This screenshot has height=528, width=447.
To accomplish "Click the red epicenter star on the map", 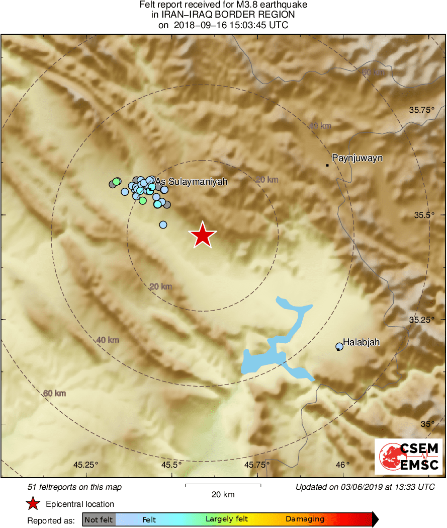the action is click(x=202, y=235).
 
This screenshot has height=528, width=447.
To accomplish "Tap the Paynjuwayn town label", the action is click(x=357, y=158).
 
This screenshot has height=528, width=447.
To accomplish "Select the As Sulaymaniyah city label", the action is click(x=192, y=181).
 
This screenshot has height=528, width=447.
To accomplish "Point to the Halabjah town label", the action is click(x=361, y=342).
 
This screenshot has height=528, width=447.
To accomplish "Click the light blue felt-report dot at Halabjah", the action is click(x=339, y=346).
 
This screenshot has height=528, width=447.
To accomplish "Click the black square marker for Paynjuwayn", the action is click(x=327, y=165).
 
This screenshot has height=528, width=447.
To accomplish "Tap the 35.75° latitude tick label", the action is click(x=421, y=110).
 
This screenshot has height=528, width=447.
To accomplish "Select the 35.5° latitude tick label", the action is click(x=423, y=215).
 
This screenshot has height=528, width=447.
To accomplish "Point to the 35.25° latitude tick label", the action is click(x=421, y=320).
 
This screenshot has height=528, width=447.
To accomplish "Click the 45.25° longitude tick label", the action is click(x=86, y=464).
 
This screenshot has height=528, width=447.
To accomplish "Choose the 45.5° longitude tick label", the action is click(x=171, y=464).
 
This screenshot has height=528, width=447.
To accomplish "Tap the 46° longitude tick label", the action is click(x=343, y=464).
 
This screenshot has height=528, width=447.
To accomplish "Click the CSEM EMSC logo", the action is click(x=408, y=456).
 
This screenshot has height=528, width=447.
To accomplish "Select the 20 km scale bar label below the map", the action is click(x=223, y=495).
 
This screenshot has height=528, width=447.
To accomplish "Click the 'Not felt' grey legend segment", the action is click(x=99, y=519).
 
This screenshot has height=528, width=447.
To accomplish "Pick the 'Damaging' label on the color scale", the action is click(x=305, y=519).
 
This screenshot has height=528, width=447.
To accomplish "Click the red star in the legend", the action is click(x=33, y=503).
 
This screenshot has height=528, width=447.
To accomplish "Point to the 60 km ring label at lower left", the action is click(x=54, y=393).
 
